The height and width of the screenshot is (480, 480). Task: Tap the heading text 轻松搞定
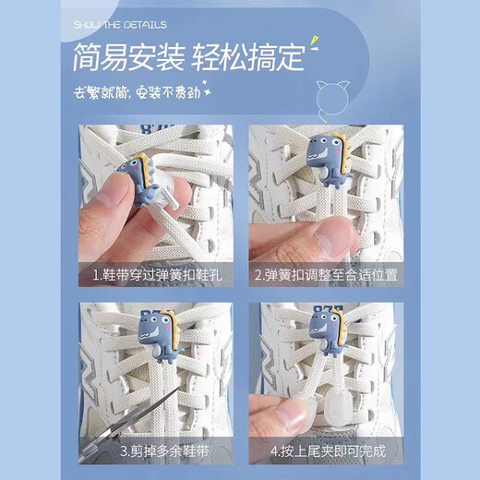(247, 58)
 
